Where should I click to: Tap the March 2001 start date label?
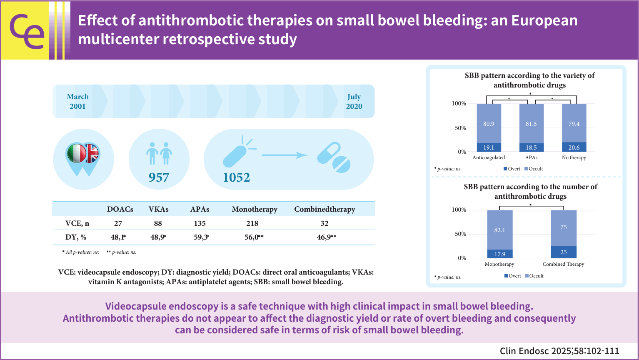78,101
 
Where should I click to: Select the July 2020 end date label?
354,101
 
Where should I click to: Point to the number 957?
159,177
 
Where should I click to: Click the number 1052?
236,177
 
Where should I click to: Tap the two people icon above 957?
159,153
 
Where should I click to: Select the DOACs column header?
120,209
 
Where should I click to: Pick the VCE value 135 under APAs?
200,223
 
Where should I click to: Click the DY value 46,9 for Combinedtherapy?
324,237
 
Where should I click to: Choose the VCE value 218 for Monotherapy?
252,223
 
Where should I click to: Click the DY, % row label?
76,237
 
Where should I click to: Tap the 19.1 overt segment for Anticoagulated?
489,147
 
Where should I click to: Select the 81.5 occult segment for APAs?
531,124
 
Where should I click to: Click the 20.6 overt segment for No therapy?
574,147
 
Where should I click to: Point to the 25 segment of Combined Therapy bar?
564,252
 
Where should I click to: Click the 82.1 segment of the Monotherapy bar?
499,230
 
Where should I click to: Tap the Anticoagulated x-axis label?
489,157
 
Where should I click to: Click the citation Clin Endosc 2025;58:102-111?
559,351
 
